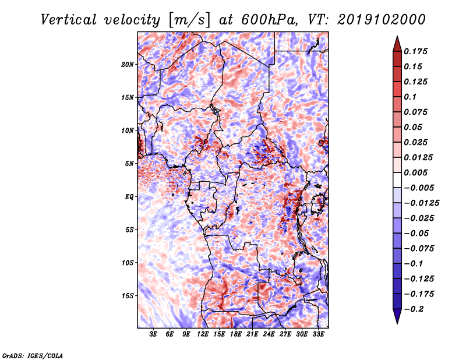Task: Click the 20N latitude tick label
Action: (128, 65)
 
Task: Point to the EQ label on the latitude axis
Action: (129, 197)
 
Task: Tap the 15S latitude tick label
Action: (128, 296)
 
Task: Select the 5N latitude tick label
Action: (129, 164)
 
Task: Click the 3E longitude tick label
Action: (153, 334)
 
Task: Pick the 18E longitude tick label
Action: (236, 334)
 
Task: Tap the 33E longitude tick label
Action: (318, 334)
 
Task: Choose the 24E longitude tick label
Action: (269, 334)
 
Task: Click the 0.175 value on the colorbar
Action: (415, 51)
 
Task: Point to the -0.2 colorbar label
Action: (414, 309)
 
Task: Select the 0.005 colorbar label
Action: (415, 172)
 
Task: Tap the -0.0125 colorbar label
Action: (422, 203)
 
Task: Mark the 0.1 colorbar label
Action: (410, 97)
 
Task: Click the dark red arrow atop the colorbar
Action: (397, 44)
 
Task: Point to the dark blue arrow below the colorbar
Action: (397, 316)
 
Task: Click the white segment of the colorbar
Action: (397, 180)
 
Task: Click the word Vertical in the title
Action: (69, 20)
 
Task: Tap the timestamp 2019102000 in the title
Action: (382, 20)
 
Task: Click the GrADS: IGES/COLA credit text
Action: (33, 355)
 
